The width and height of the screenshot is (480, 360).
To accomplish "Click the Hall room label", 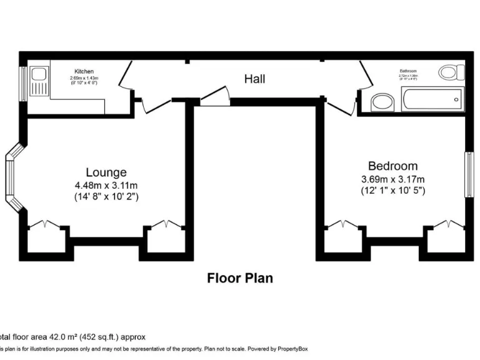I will click(254, 79).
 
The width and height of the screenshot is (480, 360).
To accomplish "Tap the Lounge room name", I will click(106, 172).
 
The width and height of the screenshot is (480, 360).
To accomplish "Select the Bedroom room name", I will click(392, 166).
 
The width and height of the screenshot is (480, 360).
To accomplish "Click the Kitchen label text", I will click(84, 71).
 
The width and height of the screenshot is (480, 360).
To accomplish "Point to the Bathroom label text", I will click(408, 71).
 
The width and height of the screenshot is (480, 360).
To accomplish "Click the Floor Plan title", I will click(240, 278).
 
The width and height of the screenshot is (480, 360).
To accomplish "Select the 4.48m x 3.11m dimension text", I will click(106, 185).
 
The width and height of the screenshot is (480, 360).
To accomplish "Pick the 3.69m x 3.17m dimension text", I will click(392, 179).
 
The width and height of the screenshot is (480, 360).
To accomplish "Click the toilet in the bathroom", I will click(448, 72).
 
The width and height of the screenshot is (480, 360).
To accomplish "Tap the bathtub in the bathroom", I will click(432, 99).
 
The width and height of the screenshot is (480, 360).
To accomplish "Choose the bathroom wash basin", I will click(381, 102).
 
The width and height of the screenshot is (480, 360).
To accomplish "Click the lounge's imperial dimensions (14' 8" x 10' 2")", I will click(106, 196).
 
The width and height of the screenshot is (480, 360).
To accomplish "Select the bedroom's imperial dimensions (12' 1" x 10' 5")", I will click(392, 190).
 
